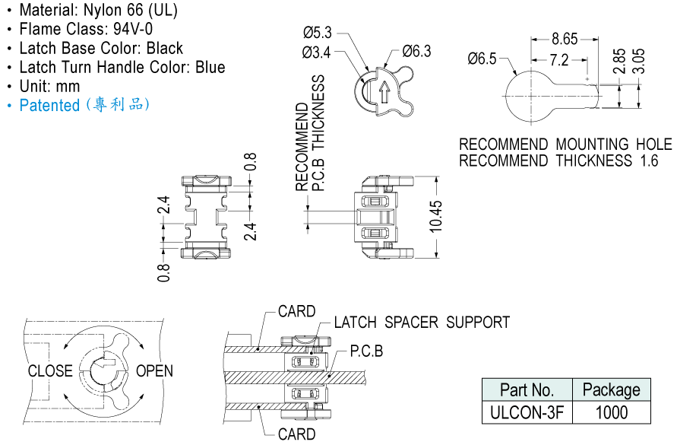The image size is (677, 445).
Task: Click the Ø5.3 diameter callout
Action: tap(317, 33)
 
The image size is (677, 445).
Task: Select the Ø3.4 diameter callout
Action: tap(317, 52)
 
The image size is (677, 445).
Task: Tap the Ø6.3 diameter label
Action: tap(416, 52)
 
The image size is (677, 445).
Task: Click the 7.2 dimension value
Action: tap(559, 59)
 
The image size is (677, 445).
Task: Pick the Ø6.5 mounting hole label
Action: tap(482, 59)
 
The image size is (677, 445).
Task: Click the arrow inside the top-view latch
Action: tap(384, 91)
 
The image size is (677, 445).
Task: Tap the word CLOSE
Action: tap(50, 371)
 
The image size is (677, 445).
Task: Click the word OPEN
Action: tap(154, 371)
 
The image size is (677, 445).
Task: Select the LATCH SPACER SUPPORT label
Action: tap(422, 323)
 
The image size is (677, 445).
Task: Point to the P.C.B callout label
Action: tap(366, 352)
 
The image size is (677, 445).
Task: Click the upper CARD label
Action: tap(296, 312)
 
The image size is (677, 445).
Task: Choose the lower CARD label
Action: tap(296, 434)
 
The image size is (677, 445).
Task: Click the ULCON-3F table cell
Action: tap(527, 412)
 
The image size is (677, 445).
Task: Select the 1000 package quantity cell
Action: tap(611, 412)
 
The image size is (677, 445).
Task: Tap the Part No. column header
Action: tap(527, 390)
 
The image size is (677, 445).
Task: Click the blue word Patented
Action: tap(49, 106)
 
